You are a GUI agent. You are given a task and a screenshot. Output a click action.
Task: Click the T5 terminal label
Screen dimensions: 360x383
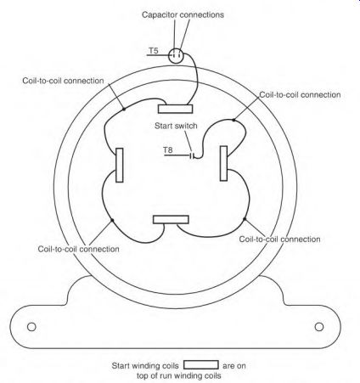tap(154, 51)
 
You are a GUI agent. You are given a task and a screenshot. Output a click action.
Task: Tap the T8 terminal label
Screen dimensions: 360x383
tap(168, 149)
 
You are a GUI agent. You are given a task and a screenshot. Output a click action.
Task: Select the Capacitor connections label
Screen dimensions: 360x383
tap(183, 14)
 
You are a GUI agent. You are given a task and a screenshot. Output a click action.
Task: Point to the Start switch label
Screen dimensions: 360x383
tap(176, 126)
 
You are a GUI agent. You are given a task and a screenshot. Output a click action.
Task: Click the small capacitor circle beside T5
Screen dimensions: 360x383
tap(176, 55)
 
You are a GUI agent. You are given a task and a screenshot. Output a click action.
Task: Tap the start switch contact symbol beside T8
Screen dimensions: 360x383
tap(192, 155)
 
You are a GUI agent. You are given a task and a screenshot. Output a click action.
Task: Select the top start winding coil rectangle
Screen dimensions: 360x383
tap(176, 109)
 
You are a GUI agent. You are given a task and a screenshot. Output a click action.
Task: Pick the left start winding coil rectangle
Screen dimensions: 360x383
tap(120, 165)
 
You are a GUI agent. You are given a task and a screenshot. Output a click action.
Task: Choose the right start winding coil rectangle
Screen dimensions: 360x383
tap(223, 163)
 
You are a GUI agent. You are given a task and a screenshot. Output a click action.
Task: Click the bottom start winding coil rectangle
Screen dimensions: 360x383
tap(171, 219)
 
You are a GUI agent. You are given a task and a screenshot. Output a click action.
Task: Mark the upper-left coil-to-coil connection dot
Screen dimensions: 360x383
tap(124, 109)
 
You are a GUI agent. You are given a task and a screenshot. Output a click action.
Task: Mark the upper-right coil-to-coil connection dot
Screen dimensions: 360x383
tap(233, 120)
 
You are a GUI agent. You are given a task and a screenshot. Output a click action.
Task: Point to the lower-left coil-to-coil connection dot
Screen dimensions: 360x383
tap(112, 220)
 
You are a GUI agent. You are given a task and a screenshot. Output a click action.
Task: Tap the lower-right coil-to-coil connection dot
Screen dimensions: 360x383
tap(245, 219)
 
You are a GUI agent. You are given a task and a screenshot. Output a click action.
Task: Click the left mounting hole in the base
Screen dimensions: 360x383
tap(31, 327)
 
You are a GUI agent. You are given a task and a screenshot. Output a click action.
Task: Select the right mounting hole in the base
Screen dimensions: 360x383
tap(319, 327)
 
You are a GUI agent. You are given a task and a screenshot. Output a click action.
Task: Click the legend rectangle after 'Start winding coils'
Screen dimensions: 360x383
tap(201, 365)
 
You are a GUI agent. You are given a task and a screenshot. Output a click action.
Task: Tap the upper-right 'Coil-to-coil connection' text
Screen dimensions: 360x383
tap(300, 94)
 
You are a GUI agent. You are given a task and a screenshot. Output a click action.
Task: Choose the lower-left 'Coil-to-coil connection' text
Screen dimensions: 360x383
tap(78, 249)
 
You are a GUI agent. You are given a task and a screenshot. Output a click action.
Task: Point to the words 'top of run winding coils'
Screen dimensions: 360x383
tap(178, 375)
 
